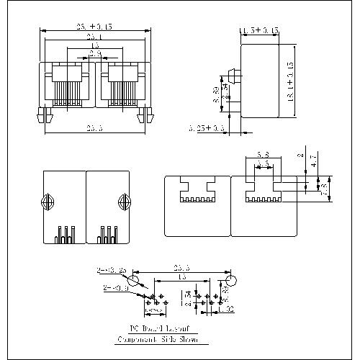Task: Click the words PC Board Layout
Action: click(x=158, y=328)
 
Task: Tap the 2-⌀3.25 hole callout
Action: click(x=111, y=271)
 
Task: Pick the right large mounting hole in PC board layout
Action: click(x=231, y=279)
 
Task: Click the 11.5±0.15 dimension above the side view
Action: click(x=260, y=31)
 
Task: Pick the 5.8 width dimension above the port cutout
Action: click(x=263, y=154)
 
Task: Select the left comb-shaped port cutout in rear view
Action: click(x=195, y=190)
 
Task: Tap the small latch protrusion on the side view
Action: click(x=233, y=76)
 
